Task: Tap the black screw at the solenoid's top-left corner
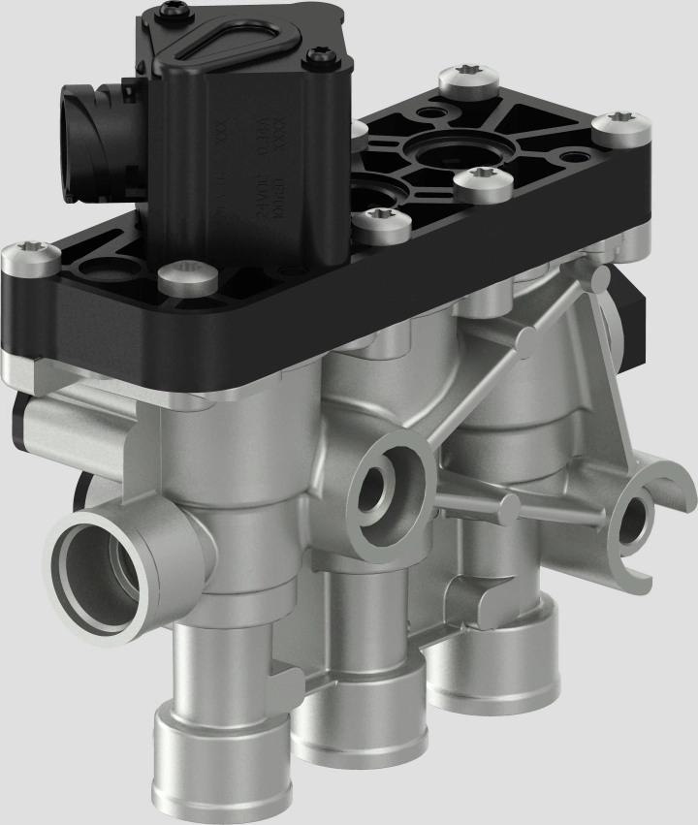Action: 174,11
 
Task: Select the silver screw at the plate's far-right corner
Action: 613,126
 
